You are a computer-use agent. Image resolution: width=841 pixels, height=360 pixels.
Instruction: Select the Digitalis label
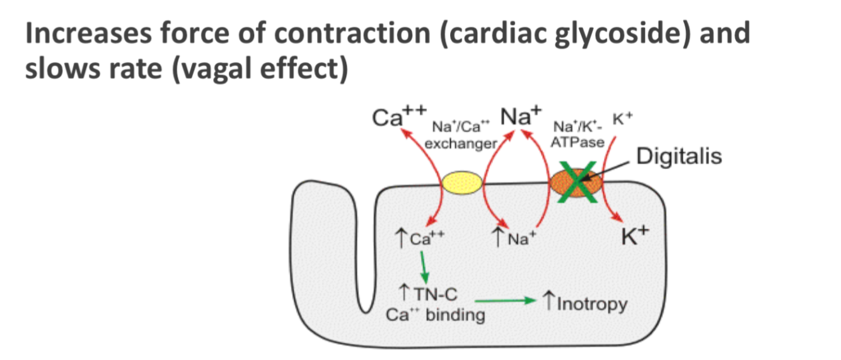[x=678, y=155]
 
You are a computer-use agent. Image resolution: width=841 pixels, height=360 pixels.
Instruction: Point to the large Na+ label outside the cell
[x=521, y=116]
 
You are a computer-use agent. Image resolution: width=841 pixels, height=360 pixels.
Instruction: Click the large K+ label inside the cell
[x=635, y=236]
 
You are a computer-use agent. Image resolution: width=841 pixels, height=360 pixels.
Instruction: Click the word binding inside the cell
[x=453, y=315]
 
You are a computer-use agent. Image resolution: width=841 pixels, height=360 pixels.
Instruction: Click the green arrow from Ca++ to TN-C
[x=424, y=266]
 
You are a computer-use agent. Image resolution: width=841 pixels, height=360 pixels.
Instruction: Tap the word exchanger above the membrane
[x=461, y=144]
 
